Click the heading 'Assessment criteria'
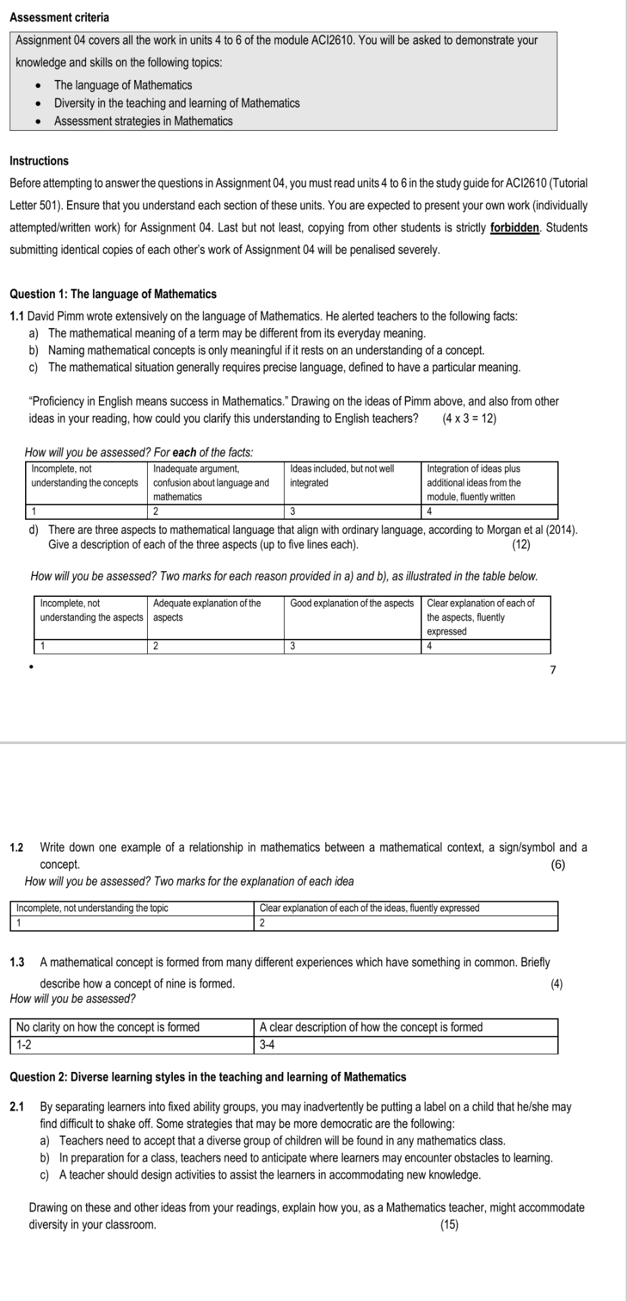(60, 17)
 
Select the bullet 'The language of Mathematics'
(123, 85)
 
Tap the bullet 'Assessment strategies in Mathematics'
(143, 121)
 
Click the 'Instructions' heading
(39, 161)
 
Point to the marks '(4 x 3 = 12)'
(468, 418)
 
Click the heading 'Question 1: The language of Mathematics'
(113, 294)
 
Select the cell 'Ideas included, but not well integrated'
(342, 476)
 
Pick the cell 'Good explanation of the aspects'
(352, 603)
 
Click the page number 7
(552, 669)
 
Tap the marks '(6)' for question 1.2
(558, 865)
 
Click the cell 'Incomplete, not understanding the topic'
(92, 908)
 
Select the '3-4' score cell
(268, 1045)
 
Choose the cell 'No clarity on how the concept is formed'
(108, 1027)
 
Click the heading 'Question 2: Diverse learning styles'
(208, 1077)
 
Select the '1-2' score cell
(24, 1045)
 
